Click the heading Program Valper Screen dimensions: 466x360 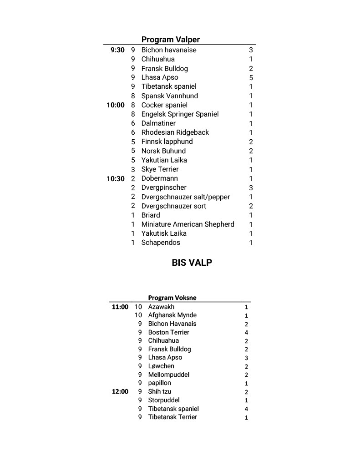click(170, 40)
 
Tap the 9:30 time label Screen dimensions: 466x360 click(117, 50)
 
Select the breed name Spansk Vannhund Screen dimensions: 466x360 click(169, 96)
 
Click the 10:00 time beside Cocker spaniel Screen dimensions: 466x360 click(116, 105)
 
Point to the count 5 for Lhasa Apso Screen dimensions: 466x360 click(251, 78)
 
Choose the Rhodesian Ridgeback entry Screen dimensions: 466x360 click(175, 132)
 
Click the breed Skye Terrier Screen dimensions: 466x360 click(160, 169)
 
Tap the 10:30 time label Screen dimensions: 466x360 click(116, 179)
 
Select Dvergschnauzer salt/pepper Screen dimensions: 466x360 click(185, 197)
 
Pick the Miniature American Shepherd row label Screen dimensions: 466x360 click(188, 224)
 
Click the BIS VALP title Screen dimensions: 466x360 click(192, 263)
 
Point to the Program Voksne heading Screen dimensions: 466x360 click(172, 298)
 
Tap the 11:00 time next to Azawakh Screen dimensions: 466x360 click(120, 307)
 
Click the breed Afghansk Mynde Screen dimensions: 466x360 click(172, 315)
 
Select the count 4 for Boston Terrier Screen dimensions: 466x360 click(246, 333)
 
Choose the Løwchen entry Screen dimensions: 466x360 click(161, 366)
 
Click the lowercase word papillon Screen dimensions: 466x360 click(159, 383)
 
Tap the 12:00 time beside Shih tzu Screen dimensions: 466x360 click(120, 391)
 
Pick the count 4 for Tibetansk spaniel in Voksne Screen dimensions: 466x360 click(246, 409)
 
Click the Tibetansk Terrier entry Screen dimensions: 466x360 click(172, 417)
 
